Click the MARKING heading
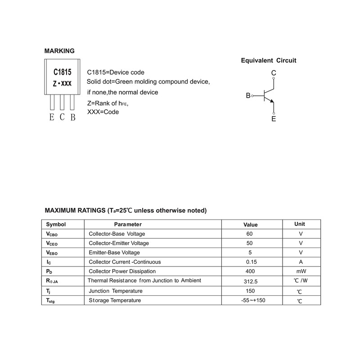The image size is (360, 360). (59, 50)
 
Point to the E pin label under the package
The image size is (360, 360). (52, 117)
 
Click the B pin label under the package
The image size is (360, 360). (72, 117)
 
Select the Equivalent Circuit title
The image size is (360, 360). (269, 60)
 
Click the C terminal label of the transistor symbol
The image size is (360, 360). (274, 73)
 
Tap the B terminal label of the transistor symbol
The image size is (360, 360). (248, 96)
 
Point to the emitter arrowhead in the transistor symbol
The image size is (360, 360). (271, 102)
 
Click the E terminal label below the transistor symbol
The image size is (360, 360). (274, 119)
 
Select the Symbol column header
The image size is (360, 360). (56, 224)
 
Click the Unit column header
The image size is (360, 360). (300, 224)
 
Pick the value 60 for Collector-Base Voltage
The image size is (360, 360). (250, 234)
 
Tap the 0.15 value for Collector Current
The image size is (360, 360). (251, 262)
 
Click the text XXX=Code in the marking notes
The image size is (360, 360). (103, 112)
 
